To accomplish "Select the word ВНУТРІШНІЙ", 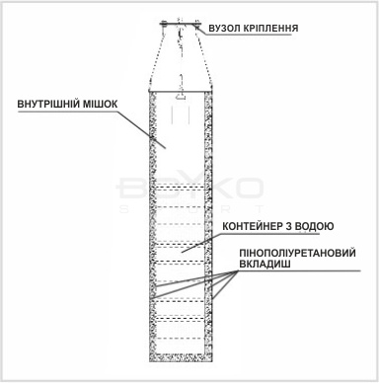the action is coord(48,105).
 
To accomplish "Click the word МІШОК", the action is coord(100,105).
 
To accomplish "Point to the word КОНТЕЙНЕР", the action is coord(252,226).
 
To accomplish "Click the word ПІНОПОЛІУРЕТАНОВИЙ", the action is coord(298,253).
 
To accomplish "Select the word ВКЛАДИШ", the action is coord(265,264).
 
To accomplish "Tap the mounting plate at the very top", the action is coord(180,23).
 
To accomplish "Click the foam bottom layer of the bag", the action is coord(180,357).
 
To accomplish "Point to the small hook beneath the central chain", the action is coord(181,97).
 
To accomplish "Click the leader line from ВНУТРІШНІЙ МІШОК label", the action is coord(140,129).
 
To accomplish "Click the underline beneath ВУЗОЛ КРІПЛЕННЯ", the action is coord(251,35).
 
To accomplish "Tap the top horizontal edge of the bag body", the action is coord(181,92).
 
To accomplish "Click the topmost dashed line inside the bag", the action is coord(180,188).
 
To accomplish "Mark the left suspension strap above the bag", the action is coord(156,57).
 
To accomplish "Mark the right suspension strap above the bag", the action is coord(204,57).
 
